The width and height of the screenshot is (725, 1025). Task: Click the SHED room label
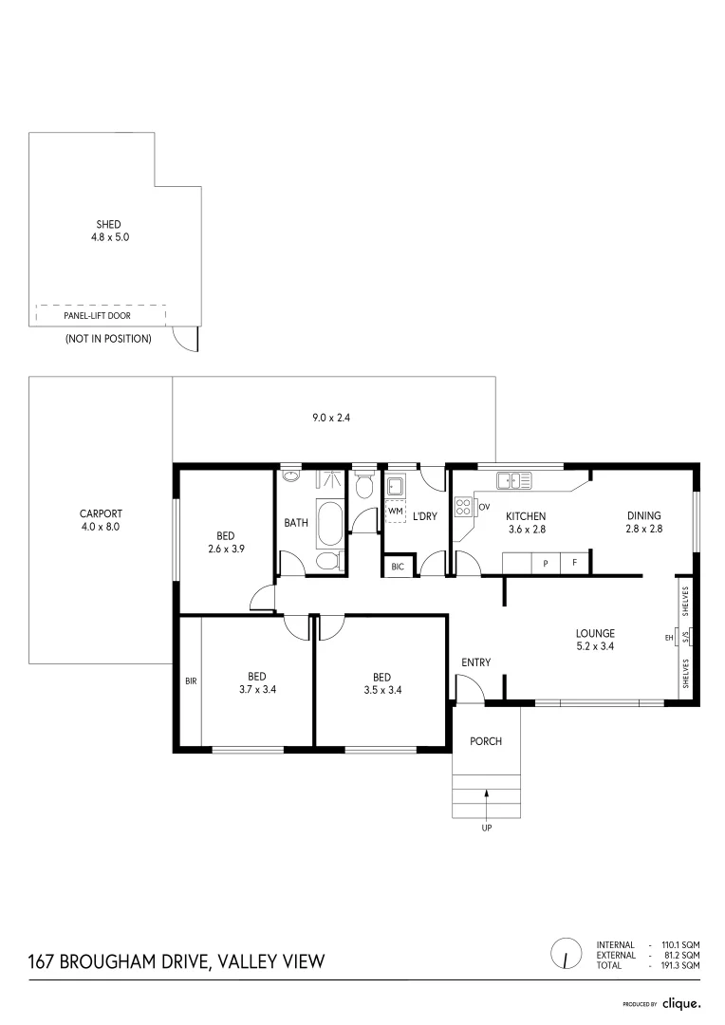(x=109, y=225)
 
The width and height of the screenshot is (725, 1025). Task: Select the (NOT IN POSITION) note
(x=107, y=338)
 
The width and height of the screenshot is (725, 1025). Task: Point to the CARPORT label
(x=101, y=513)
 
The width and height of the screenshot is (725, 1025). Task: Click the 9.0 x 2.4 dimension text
(x=333, y=417)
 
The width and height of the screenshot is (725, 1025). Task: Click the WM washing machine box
(x=395, y=512)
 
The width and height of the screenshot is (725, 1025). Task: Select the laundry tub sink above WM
(x=395, y=488)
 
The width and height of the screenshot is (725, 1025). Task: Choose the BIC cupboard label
(x=396, y=568)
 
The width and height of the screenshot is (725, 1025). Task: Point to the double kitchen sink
(x=513, y=481)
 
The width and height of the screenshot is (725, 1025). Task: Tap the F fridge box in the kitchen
(x=573, y=564)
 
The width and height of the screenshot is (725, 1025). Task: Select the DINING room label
(x=643, y=516)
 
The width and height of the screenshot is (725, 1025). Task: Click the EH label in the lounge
(x=668, y=638)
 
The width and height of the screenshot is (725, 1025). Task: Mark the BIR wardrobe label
(x=191, y=680)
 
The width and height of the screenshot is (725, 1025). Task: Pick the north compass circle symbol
(x=566, y=953)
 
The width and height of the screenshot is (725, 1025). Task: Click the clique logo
(x=681, y=1002)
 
